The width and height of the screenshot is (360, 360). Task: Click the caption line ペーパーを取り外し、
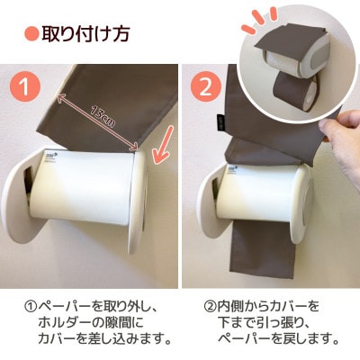pos(87,306)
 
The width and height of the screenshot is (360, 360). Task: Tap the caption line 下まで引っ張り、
pos(267,322)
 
